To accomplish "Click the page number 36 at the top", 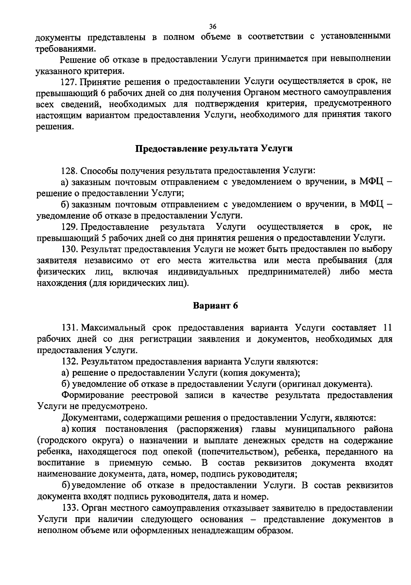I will pos(213,27).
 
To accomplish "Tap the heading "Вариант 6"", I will pos(215,305).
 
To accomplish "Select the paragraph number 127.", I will pos(67,81).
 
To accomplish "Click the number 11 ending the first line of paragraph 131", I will pos(387,328).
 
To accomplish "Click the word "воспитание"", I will pos(61,463).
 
